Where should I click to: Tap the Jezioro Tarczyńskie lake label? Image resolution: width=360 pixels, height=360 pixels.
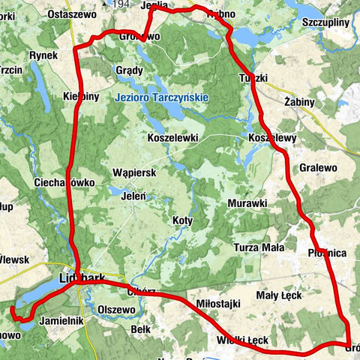[x=162, y=98]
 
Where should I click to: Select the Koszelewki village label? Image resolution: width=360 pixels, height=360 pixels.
[x=172, y=138]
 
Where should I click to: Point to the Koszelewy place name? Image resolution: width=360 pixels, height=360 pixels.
[x=272, y=138]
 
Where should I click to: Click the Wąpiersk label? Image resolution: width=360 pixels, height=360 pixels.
[x=133, y=172]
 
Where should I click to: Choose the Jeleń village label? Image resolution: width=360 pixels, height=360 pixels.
[x=133, y=196]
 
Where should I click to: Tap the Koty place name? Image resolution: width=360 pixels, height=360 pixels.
[x=182, y=220]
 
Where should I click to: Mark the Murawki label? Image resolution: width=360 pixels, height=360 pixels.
[x=247, y=203]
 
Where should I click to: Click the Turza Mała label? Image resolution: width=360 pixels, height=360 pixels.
[x=258, y=247]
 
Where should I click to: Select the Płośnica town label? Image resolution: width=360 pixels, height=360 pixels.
[x=326, y=253]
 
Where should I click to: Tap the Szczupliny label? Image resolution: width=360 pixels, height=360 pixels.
[x=325, y=23]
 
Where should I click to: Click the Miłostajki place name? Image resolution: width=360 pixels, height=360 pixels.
[x=217, y=303]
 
